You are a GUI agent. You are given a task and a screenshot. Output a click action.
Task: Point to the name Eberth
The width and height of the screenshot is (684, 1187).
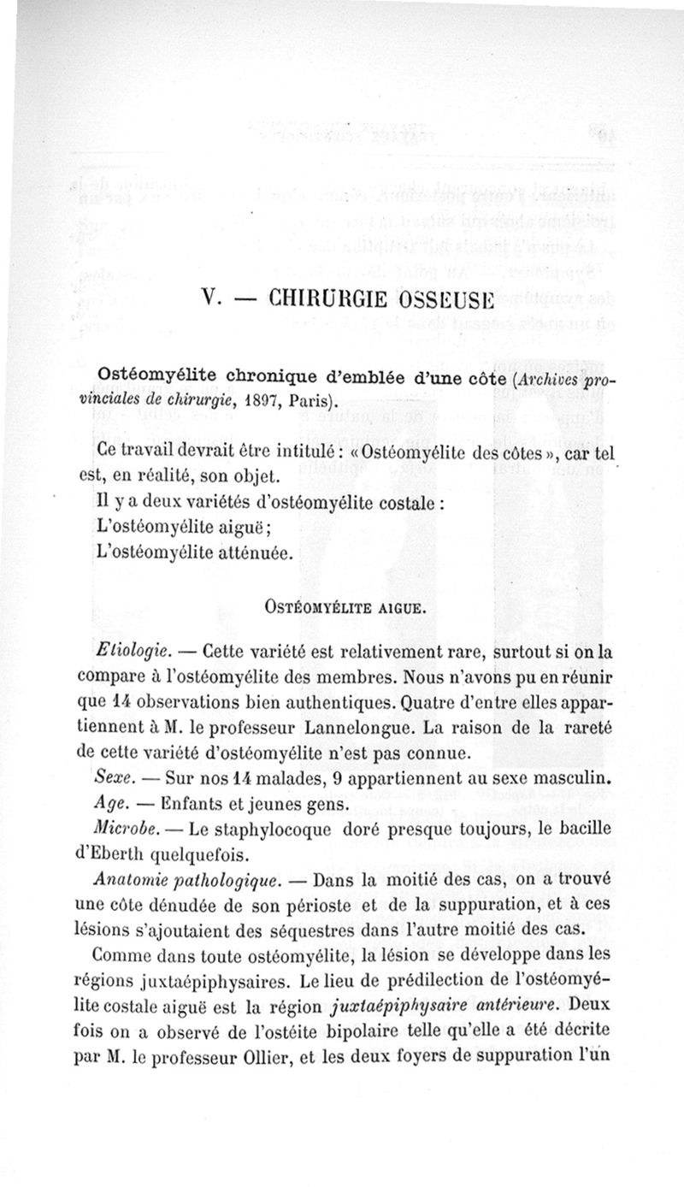coord(128,853)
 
